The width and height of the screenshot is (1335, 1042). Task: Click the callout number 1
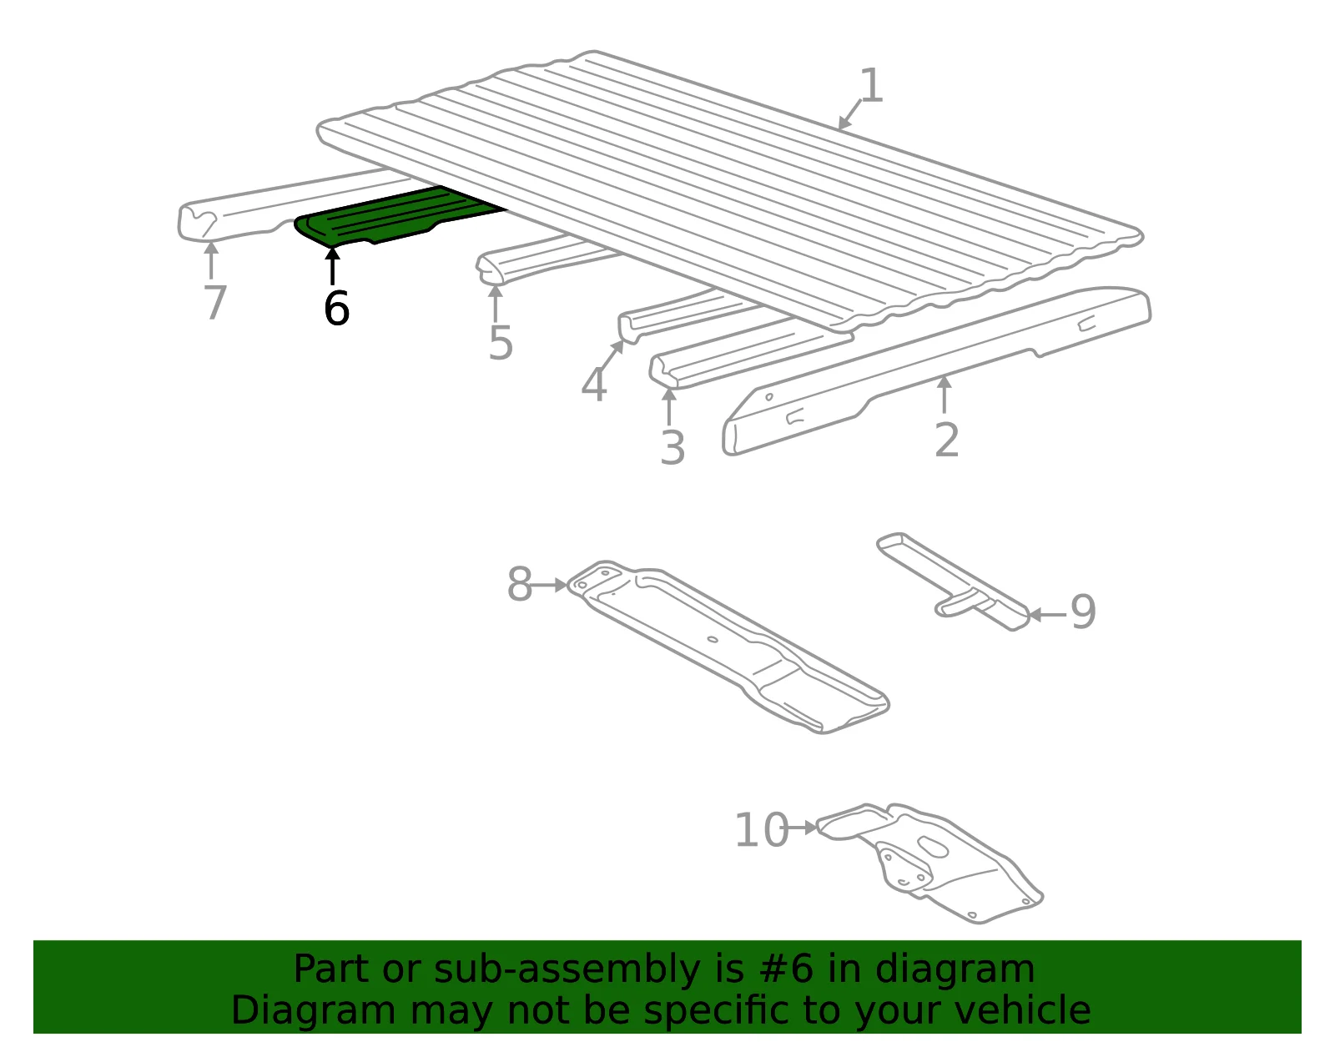pyautogui.click(x=872, y=86)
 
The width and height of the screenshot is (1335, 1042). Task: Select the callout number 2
pyautogui.click(x=947, y=440)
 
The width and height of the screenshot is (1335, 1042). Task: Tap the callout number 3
pyautogui.click(x=673, y=448)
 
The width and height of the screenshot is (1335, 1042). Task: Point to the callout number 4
pyautogui.click(x=594, y=385)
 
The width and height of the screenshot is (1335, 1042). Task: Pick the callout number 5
pyautogui.click(x=501, y=344)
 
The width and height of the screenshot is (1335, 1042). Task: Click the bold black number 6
pyautogui.click(x=336, y=308)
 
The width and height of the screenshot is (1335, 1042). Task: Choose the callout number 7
pyautogui.click(x=215, y=302)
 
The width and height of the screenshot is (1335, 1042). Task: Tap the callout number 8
pyautogui.click(x=520, y=584)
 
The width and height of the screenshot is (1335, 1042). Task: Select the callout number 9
pyautogui.click(x=1084, y=612)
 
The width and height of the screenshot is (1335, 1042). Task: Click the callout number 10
pyautogui.click(x=763, y=830)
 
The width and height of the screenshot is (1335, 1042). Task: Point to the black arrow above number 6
pyautogui.click(x=332, y=265)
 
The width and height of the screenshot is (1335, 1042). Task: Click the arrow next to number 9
pyautogui.click(x=1048, y=614)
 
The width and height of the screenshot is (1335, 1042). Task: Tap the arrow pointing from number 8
pyautogui.click(x=550, y=585)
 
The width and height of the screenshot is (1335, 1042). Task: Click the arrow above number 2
pyautogui.click(x=945, y=394)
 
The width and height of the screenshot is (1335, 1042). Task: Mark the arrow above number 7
pyautogui.click(x=211, y=259)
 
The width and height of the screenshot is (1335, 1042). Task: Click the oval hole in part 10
pyautogui.click(x=933, y=848)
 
